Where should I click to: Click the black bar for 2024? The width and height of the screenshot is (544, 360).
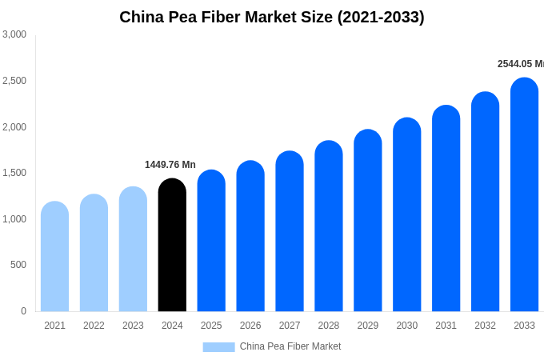coord(172,245)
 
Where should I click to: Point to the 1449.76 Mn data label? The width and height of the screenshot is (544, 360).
coord(170,165)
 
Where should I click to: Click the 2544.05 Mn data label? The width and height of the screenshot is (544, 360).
coord(520,64)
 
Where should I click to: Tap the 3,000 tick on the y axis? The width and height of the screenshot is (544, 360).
coord(14,34)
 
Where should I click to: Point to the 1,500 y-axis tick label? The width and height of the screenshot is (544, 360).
coord(14,173)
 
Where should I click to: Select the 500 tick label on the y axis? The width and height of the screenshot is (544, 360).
coord(18,265)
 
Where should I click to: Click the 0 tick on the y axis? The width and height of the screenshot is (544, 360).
coord(23,311)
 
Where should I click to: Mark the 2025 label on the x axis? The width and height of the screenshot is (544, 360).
coord(211,326)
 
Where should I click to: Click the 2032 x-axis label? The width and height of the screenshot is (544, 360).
coord(485,326)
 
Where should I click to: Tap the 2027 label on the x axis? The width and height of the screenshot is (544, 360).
coord(290,326)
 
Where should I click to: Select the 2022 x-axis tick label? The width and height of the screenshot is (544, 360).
coord(94,326)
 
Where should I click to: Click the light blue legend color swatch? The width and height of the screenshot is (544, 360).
coord(218,347)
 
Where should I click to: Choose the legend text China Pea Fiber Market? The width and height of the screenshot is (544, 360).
coord(290,346)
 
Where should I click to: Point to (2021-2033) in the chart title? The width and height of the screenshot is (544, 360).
coord(381,17)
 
